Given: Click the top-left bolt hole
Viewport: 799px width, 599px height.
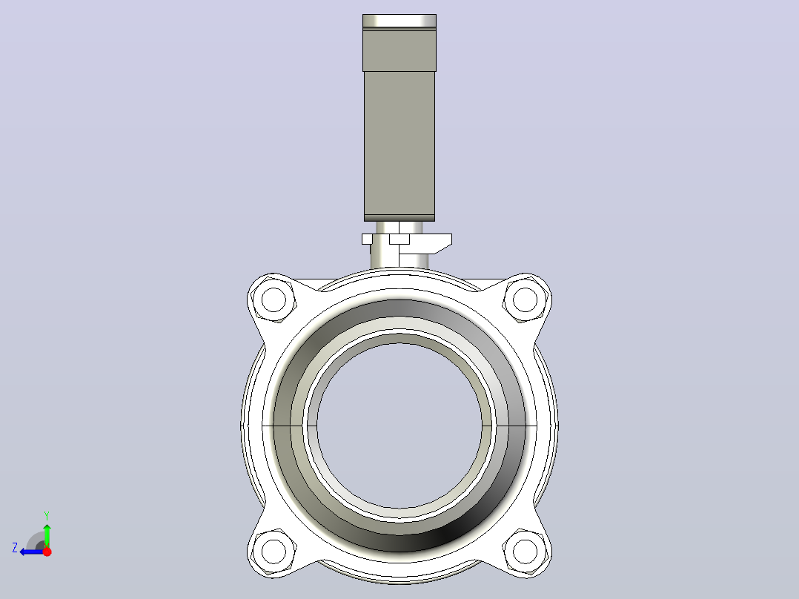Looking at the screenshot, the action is click(273, 299).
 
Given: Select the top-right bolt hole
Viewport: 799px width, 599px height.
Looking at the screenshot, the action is click(525, 299).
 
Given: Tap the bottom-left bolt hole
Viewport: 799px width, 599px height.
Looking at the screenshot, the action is click(273, 551).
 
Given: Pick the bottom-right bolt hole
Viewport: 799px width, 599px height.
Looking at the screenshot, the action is click(525, 551).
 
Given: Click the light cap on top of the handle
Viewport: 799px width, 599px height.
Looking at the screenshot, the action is click(399, 21).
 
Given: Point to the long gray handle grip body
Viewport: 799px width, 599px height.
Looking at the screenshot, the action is click(399, 143).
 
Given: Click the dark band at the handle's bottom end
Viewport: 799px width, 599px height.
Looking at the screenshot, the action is click(399, 218).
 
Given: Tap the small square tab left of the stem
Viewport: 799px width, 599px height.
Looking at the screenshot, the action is click(367, 239).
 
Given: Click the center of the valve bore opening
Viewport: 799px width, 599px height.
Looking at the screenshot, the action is click(399, 426).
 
